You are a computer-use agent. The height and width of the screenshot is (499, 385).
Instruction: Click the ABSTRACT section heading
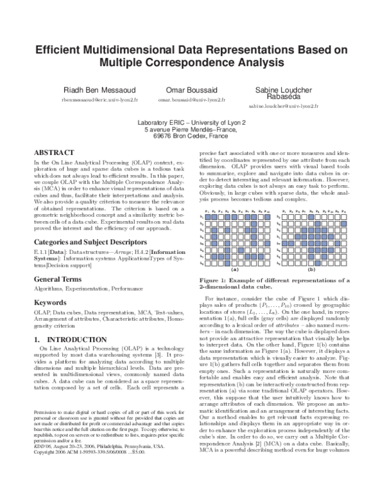(54, 154)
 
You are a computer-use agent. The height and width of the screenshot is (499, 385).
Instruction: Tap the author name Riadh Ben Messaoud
(98, 89)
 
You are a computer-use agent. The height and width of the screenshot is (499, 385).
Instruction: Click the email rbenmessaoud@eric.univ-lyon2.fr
(98, 101)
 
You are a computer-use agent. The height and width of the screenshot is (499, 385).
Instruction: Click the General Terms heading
(61, 280)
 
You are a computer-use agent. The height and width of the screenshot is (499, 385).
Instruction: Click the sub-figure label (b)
(312, 270)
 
